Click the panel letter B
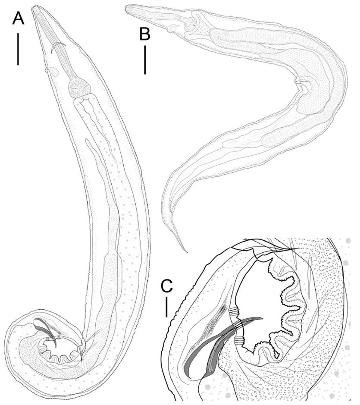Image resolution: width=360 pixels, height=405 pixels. click(145, 34)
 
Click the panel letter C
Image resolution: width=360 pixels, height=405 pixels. click(167, 286)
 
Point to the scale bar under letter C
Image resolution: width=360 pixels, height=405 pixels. click(166, 307)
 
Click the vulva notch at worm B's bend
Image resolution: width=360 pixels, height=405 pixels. click(297, 80)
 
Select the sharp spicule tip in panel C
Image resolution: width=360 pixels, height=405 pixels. click(262, 318)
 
